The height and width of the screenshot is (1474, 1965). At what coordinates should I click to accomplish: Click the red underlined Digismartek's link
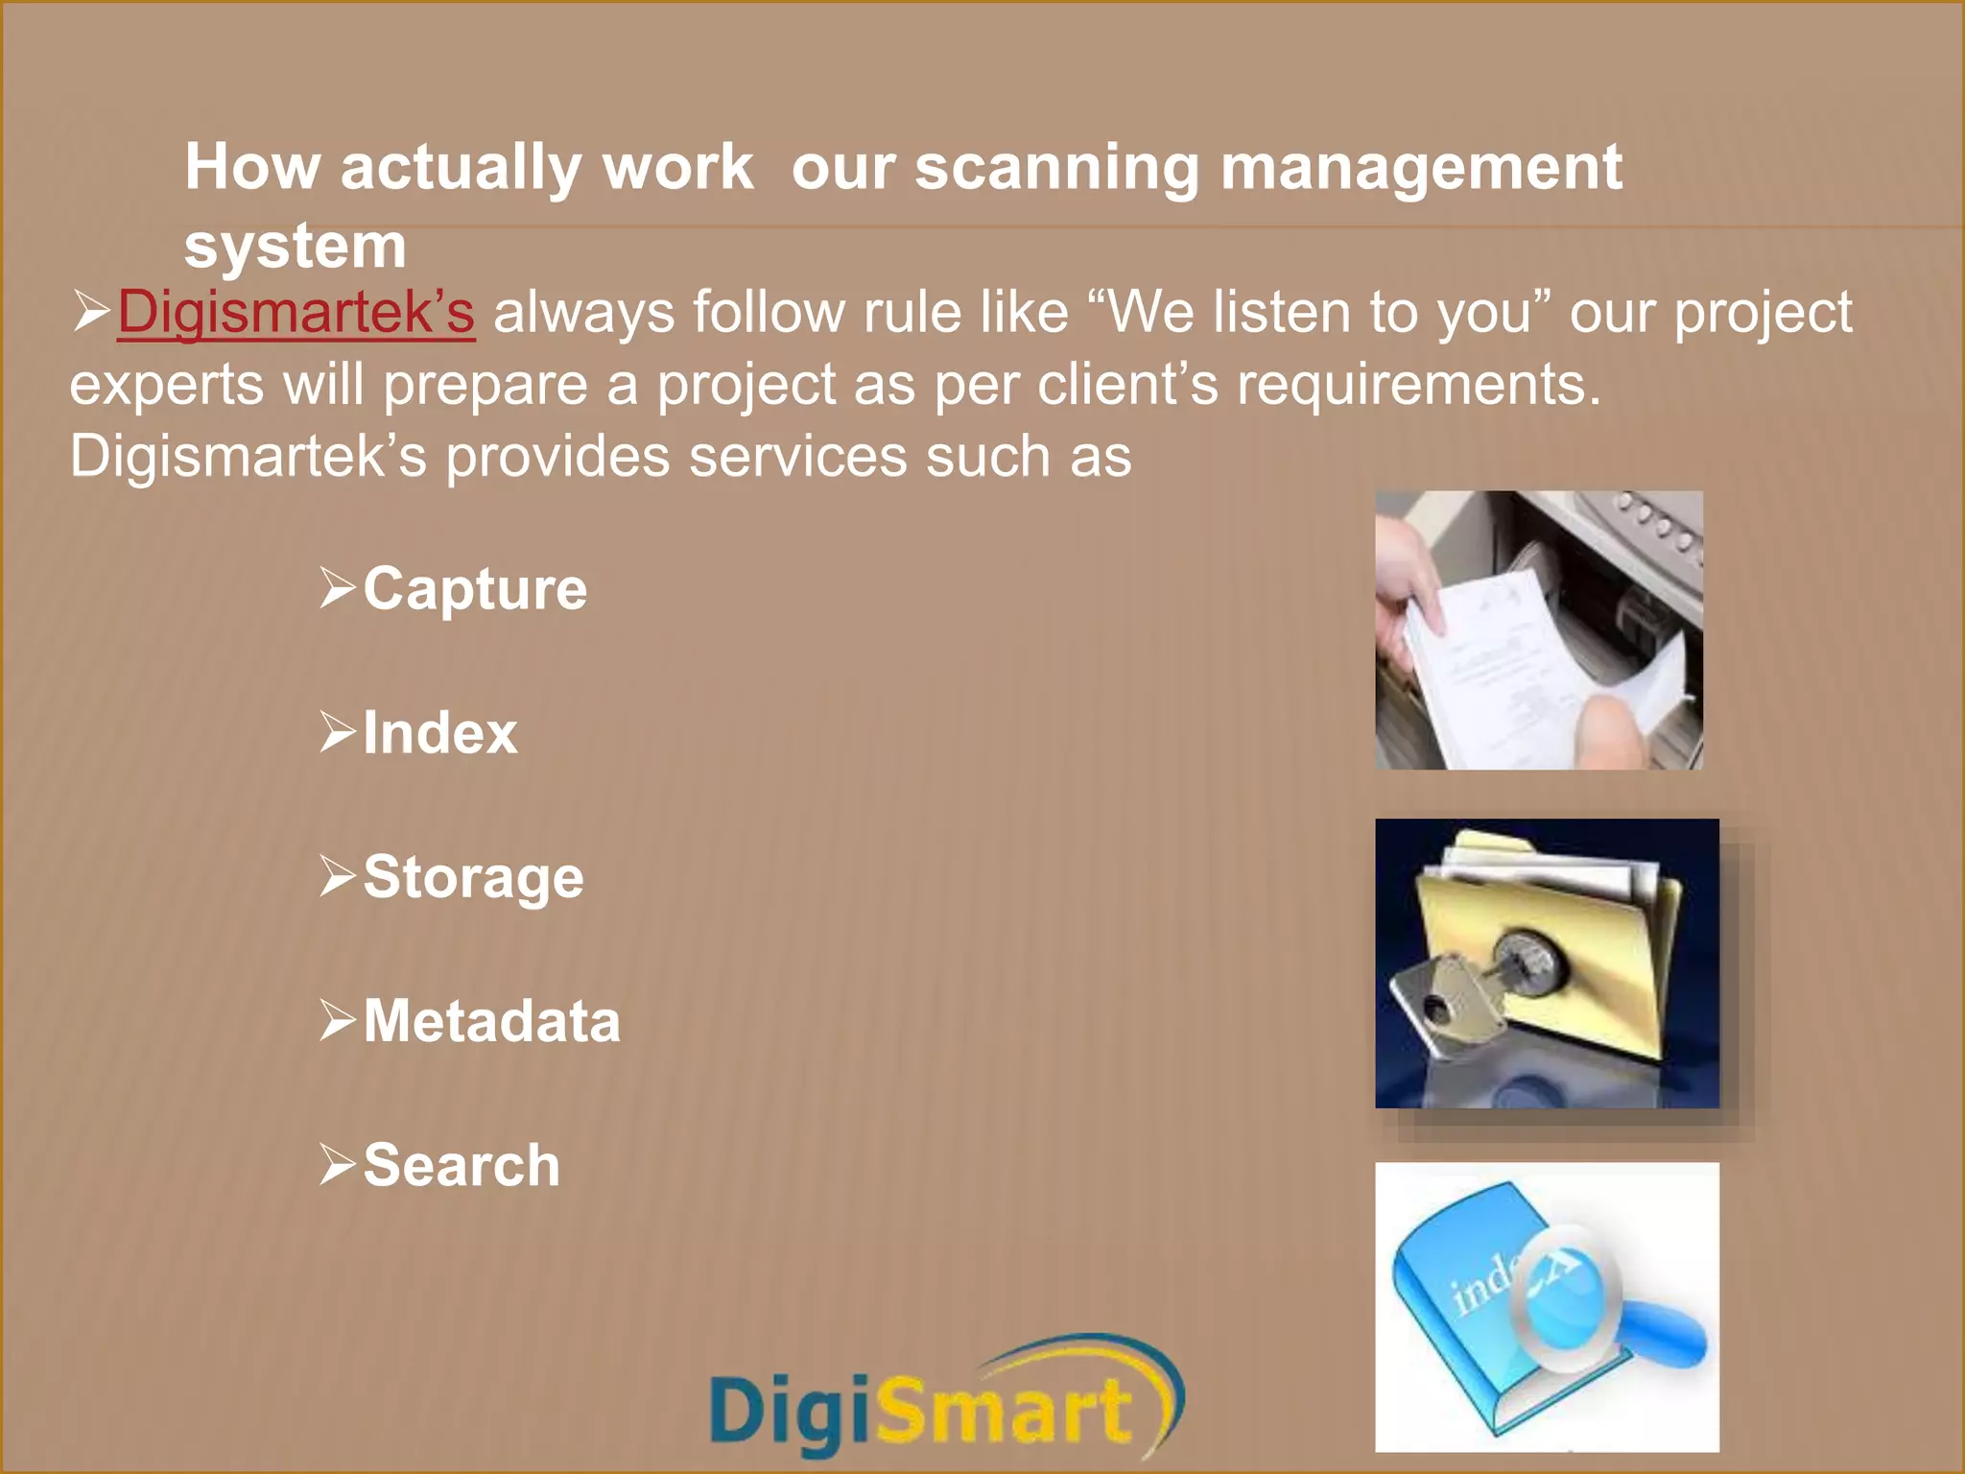tap(296, 313)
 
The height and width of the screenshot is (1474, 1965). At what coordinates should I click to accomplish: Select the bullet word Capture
tap(475, 588)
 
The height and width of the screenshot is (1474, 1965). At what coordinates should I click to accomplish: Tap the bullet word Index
tap(440, 733)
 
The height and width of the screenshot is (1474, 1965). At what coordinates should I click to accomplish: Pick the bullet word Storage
tap(473, 877)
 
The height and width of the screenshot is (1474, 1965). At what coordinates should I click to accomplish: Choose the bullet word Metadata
tap(491, 1020)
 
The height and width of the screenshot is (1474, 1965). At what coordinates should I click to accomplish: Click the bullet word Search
tap(462, 1165)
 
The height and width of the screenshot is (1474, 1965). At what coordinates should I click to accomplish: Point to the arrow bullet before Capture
tap(337, 587)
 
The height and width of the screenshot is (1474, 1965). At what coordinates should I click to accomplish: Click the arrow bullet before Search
tap(337, 1164)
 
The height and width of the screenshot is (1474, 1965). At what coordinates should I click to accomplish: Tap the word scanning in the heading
tap(1056, 169)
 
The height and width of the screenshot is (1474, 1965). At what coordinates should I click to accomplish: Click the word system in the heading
tap(296, 247)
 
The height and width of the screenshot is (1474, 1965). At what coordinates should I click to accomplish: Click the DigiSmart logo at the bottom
tap(946, 1401)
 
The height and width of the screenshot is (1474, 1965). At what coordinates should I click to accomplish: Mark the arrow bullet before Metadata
tap(337, 1019)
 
